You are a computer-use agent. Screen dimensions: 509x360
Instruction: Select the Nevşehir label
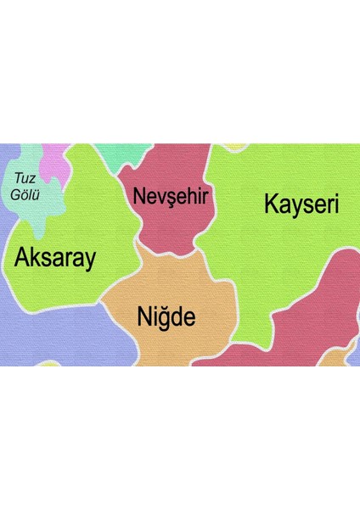pyautogui.click(x=171, y=197)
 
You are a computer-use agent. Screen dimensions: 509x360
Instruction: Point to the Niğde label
pyautogui.click(x=166, y=317)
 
